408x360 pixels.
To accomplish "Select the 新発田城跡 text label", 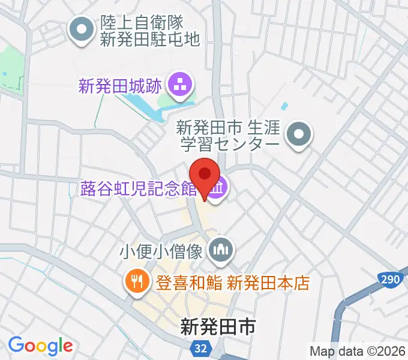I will [x=120, y=86].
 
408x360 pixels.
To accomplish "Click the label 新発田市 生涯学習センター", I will [x=228, y=136].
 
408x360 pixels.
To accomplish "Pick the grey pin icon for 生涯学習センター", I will [x=298, y=136].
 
